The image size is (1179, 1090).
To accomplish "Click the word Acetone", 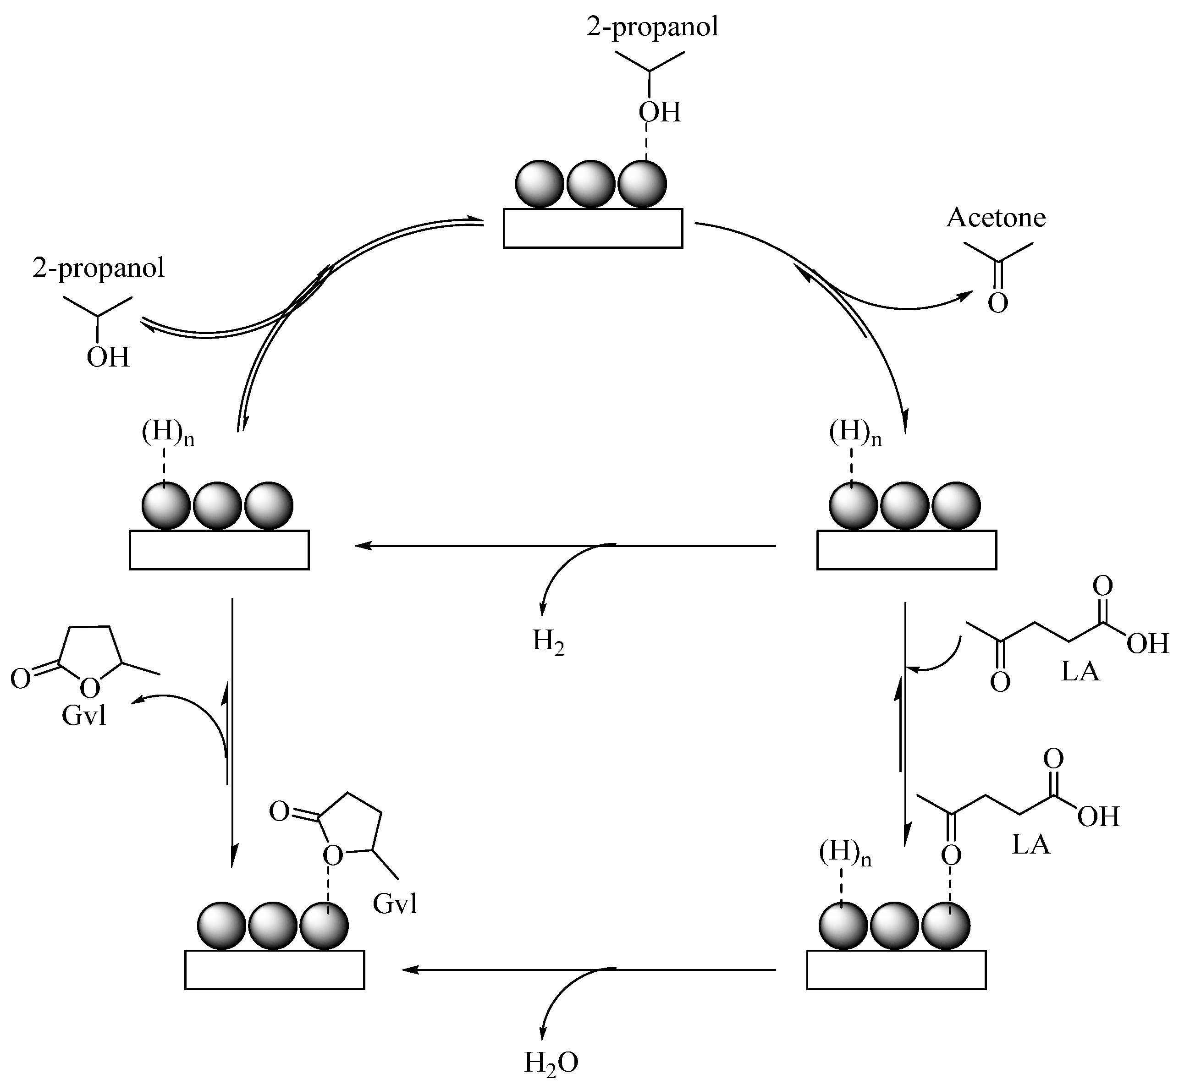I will pos(996,218).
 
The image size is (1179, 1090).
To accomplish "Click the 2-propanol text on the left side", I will pos(99,268).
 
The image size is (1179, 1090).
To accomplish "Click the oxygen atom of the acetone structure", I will pos(997,304).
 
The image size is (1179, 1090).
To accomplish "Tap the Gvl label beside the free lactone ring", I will pos(84,716).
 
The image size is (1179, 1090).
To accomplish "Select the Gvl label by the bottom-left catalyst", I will pos(395,904).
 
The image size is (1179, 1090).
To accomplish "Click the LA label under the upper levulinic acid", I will pos(1080,672).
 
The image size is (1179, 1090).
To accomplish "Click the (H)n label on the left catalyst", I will pos(168,433).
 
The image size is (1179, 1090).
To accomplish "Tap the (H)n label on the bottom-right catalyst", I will pos(845,854).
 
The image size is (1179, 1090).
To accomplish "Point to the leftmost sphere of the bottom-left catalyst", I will pos(221,926).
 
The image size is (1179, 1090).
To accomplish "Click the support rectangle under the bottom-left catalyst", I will pos(275,969).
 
